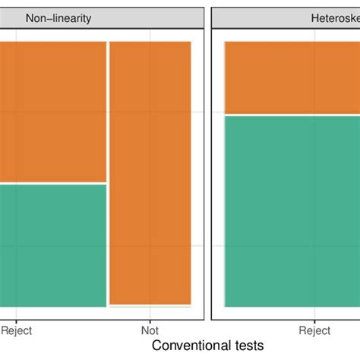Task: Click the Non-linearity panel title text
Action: tap(58, 18)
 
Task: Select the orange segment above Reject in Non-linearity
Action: tap(52, 112)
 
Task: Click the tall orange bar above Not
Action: tap(150, 173)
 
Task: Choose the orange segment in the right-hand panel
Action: tap(292, 77)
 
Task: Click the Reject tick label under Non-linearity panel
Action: tap(16, 330)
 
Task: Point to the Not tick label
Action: tap(150, 330)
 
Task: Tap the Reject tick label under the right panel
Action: tap(314, 330)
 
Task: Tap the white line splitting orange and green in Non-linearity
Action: tap(52, 184)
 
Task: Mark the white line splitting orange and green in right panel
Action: tap(292, 115)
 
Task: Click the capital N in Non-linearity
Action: tap(30, 18)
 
